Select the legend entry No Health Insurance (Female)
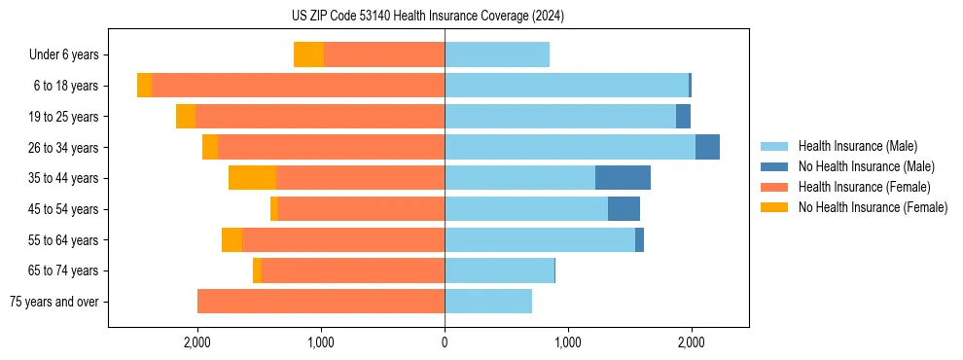pos(873,207)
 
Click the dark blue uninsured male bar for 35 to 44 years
pos(623,178)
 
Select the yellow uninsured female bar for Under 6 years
pos(308,55)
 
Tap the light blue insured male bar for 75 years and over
pos(488,302)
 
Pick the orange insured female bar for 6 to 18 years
pos(298,86)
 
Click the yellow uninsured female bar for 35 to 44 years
pos(252,178)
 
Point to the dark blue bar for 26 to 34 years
pos(707,147)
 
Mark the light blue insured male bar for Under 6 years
pos(497,55)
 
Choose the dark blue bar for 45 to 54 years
pos(624,209)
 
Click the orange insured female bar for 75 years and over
pos(321,302)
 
